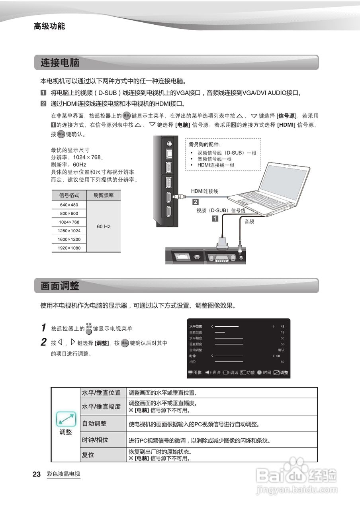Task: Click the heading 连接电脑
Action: click(60, 63)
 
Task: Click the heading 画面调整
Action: click(60, 286)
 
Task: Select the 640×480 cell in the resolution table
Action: click(69, 205)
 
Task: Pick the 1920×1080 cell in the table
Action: click(69, 248)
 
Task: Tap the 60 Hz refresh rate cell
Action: click(104, 226)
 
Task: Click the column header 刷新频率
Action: click(104, 195)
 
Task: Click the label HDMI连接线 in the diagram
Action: click(205, 191)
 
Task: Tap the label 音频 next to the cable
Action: click(249, 222)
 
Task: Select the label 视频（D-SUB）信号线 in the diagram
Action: click(221, 210)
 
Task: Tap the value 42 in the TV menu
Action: click(282, 326)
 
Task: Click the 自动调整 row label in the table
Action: click(94, 424)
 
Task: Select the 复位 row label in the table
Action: click(88, 455)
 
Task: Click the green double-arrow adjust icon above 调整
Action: click(66, 418)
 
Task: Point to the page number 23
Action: click(37, 474)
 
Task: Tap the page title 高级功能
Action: click(49, 26)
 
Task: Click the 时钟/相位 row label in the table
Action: click(95, 440)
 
